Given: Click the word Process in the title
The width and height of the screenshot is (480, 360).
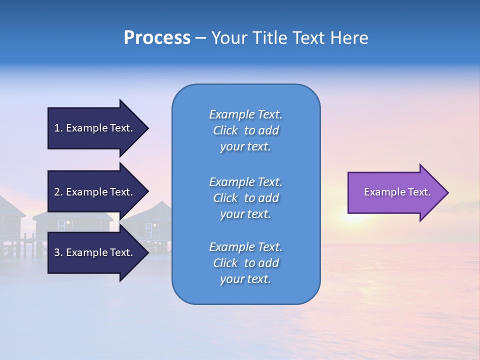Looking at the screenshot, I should coord(157,38).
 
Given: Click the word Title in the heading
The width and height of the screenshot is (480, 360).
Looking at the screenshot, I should coord(269,38).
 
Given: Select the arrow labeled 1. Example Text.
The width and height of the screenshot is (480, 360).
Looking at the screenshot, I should coord(95,128).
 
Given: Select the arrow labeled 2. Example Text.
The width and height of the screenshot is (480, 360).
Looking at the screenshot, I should coord(95,192).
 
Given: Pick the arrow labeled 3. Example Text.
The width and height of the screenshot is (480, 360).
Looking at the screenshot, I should coord(95,252).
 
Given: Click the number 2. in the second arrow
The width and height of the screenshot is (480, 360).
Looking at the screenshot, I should coord(58,192).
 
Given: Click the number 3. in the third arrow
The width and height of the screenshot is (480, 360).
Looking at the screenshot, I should coord(58,252).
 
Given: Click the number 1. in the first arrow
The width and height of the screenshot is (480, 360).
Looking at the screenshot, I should coord(58,128).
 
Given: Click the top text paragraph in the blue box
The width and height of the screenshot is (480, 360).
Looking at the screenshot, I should coord(245,130).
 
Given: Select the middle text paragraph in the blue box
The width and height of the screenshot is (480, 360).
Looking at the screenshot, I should coord(245,198).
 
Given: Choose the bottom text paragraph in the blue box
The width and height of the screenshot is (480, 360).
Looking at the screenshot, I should coord(245,263).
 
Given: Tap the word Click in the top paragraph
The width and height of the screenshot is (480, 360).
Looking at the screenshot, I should coord(225,131).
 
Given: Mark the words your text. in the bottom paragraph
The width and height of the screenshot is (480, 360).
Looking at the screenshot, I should coord(245,279).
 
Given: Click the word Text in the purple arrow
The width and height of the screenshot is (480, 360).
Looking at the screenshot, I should coord(420,192).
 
